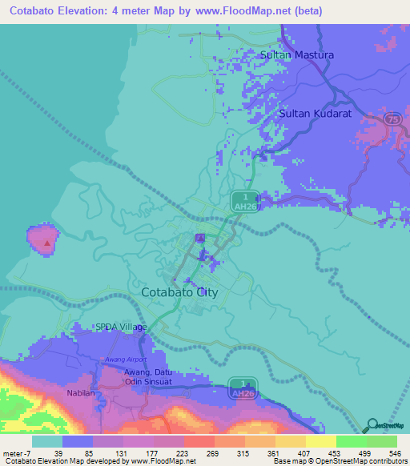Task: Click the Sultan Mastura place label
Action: [297, 55]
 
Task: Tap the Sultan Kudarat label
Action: [316, 114]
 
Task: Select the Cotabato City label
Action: [179, 292]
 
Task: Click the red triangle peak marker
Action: [48, 242]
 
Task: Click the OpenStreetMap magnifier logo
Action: [372, 426]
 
